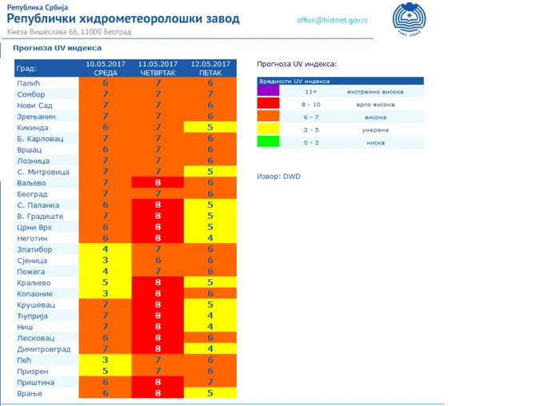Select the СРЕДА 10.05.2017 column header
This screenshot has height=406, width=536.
[x=106, y=68]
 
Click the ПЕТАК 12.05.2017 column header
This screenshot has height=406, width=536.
[x=210, y=68]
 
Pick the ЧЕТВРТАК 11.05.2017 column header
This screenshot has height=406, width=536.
[x=158, y=68]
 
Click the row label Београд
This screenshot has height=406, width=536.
[x=34, y=194]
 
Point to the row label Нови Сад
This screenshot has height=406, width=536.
[x=35, y=105]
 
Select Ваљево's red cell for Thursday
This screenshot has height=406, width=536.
[x=158, y=183]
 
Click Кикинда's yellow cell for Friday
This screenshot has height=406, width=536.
[x=210, y=128]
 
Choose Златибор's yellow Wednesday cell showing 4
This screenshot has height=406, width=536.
[x=106, y=249]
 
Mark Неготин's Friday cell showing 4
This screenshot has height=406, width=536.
[x=210, y=238]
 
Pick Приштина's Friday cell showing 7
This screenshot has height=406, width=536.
[x=210, y=383]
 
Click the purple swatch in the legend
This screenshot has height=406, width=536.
[x=268, y=93]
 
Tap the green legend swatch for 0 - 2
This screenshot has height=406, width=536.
[x=268, y=142]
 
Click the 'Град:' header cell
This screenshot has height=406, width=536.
[x=27, y=69]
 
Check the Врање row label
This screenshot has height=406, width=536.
[x=30, y=394]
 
